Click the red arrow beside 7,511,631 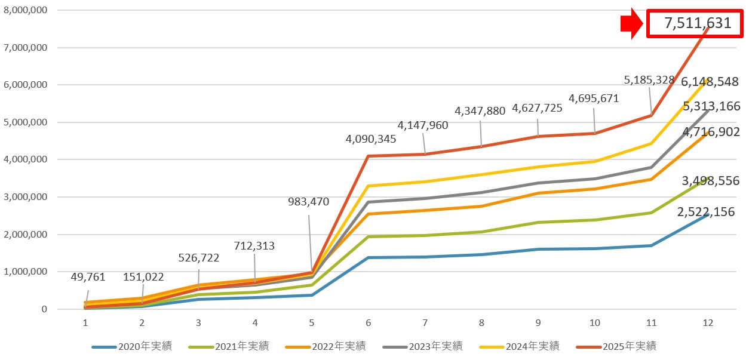pyautogui.click(x=631, y=24)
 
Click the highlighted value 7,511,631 pyautogui.click(x=697, y=24)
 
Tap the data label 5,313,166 pyautogui.click(x=710, y=106)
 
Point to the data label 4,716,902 pyautogui.click(x=710, y=132)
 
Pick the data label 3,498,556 pyautogui.click(x=710, y=181)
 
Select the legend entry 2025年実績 pyautogui.click(x=629, y=346)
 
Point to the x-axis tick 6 pyautogui.click(x=368, y=322)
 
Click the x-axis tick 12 pyautogui.click(x=708, y=322)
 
